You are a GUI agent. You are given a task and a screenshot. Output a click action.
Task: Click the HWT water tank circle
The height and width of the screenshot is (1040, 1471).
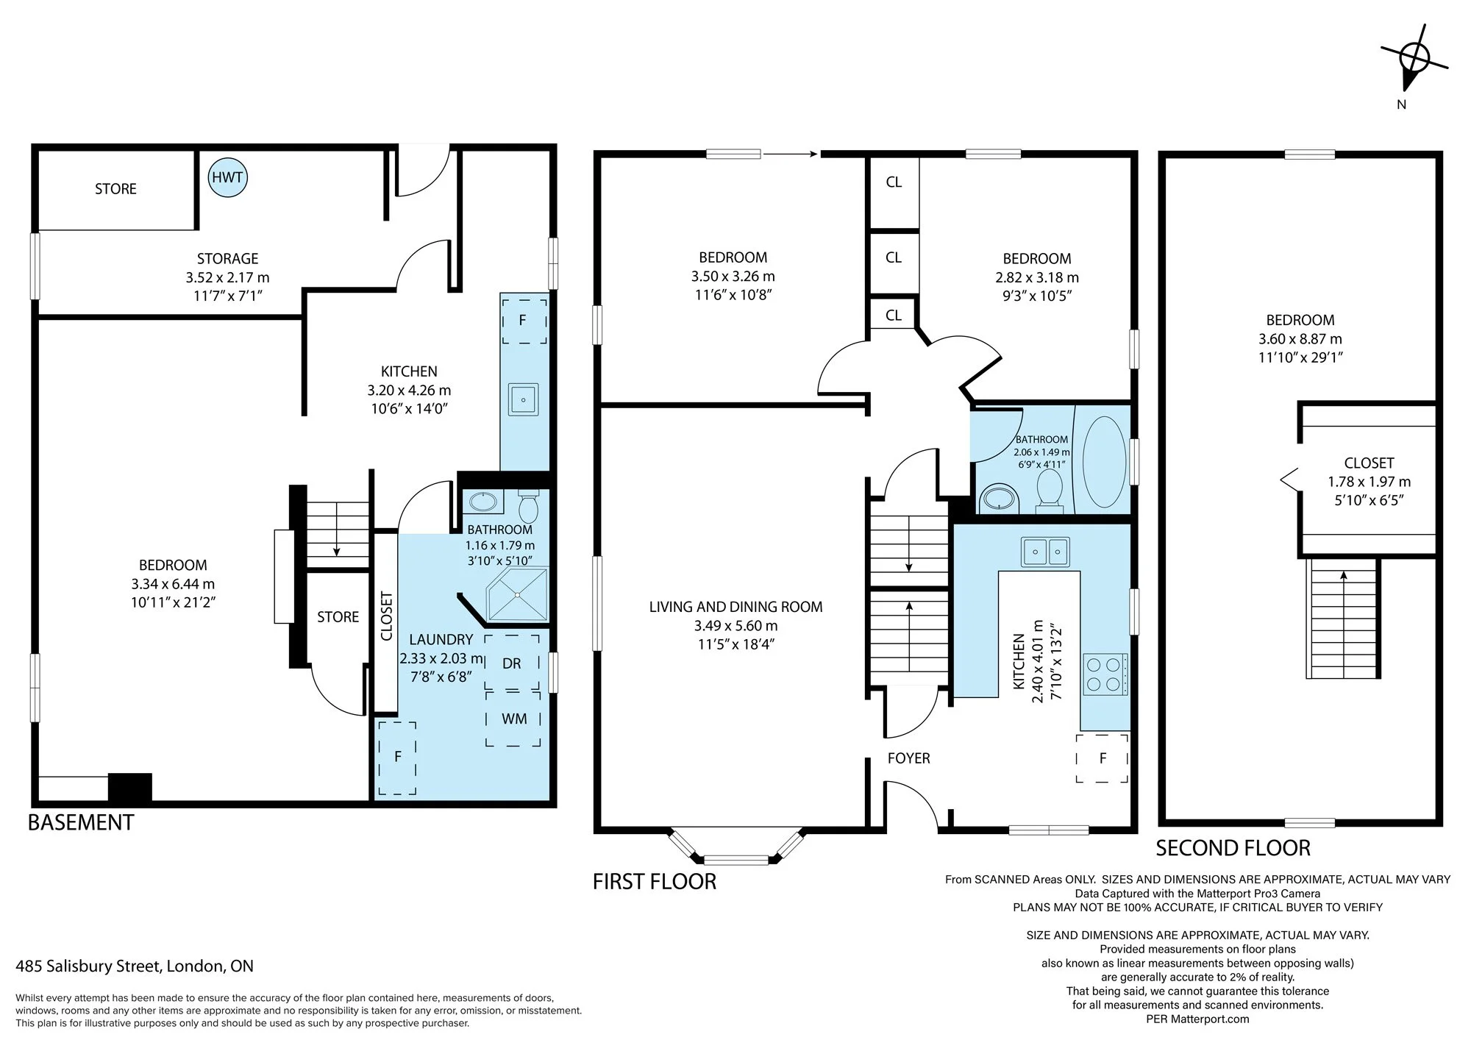[x=227, y=177]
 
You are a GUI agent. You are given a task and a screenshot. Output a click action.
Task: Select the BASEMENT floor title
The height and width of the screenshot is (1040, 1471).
[x=81, y=822]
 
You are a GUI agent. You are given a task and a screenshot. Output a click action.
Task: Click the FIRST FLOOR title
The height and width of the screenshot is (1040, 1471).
[x=655, y=881]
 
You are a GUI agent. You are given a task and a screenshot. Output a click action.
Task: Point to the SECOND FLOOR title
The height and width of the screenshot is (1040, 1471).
[x=1233, y=848]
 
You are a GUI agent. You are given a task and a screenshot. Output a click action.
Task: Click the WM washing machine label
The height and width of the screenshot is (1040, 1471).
[x=514, y=719]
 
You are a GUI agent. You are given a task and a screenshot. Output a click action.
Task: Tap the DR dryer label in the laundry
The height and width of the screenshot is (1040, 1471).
[x=512, y=663]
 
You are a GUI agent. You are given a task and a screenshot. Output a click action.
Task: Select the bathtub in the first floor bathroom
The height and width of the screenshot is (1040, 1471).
[x=1104, y=462]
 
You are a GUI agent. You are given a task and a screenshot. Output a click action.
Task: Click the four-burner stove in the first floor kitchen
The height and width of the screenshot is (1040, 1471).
[x=1105, y=674]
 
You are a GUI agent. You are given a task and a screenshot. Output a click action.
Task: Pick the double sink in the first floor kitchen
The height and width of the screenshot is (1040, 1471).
[x=1045, y=552]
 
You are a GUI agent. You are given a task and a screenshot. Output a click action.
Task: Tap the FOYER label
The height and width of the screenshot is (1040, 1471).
[x=909, y=758]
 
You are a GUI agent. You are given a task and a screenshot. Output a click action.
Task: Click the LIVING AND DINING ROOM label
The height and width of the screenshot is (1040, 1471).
[x=735, y=607]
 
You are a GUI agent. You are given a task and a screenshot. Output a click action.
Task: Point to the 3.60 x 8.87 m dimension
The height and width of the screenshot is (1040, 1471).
[x=1300, y=339]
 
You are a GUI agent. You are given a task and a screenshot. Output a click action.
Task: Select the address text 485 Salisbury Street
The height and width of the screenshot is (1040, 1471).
[x=90, y=966]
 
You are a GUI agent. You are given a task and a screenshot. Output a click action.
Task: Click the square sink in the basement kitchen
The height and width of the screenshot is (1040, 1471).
[x=524, y=399]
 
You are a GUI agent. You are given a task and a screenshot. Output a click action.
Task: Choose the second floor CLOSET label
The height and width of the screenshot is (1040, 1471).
[x=1369, y=463]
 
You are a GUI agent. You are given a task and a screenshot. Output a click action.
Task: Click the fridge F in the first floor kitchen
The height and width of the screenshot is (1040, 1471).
[x=1102, y=758]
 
